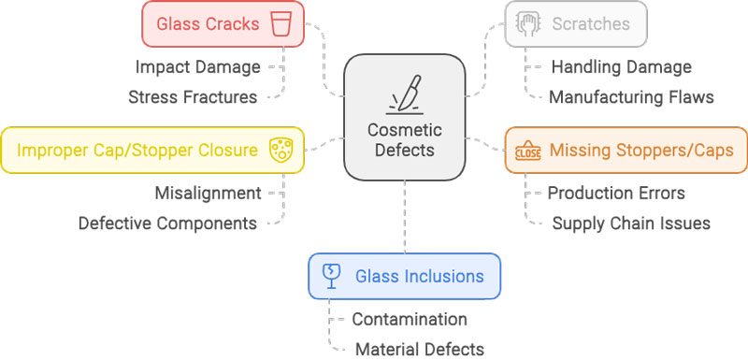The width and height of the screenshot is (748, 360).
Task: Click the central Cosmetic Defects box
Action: click(405, 117)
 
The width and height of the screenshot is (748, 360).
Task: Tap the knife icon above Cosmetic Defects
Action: click(405, 94)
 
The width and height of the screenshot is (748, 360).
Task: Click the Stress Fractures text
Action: click(193, 96)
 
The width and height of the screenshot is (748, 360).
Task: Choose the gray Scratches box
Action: click(576, 23)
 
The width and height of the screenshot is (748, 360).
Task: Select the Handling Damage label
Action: click(621, 67)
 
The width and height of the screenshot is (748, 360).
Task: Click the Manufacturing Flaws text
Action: click(631, 96)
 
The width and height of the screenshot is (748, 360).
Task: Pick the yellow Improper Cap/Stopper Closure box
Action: click(152, 150)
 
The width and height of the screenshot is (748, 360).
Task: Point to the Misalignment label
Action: click(208, 194)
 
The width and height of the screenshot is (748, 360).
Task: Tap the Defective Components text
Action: click(167, 223)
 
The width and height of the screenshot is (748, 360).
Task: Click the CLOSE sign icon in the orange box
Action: click(526, 151)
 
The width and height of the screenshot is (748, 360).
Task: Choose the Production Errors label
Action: click(616, 194)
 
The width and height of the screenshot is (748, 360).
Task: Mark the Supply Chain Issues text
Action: click(631, 223)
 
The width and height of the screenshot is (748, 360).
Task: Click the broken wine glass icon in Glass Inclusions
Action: click(330, 276)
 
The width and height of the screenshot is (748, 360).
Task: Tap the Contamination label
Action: click(410, 320)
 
